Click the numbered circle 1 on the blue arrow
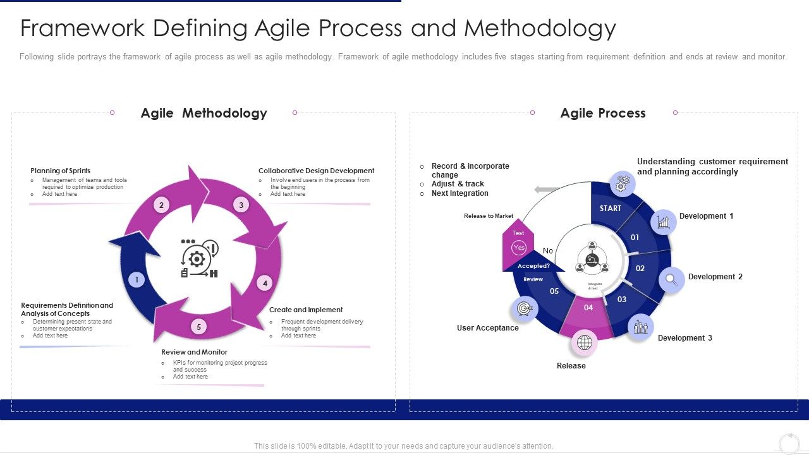point(137,280)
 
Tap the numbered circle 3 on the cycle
point(241,204)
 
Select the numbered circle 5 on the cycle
point(198,327)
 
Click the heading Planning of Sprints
point(60,171)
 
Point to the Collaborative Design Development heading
point(316,171)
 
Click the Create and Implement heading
point(306,310)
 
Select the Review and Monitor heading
point(194,352)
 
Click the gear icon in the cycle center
point(198,258)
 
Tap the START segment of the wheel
point(610,208)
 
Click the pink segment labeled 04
point(588,308)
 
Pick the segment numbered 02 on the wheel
point(640,268)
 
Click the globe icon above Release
point(585,343)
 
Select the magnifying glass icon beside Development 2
point(672,279)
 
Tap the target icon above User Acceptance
point(524,308)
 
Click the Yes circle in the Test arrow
point(519,248)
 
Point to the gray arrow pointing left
point(546,190)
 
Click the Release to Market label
point(489,216)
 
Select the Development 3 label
point(684,338)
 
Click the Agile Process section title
point(603,113)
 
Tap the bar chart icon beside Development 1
point(663,222)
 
